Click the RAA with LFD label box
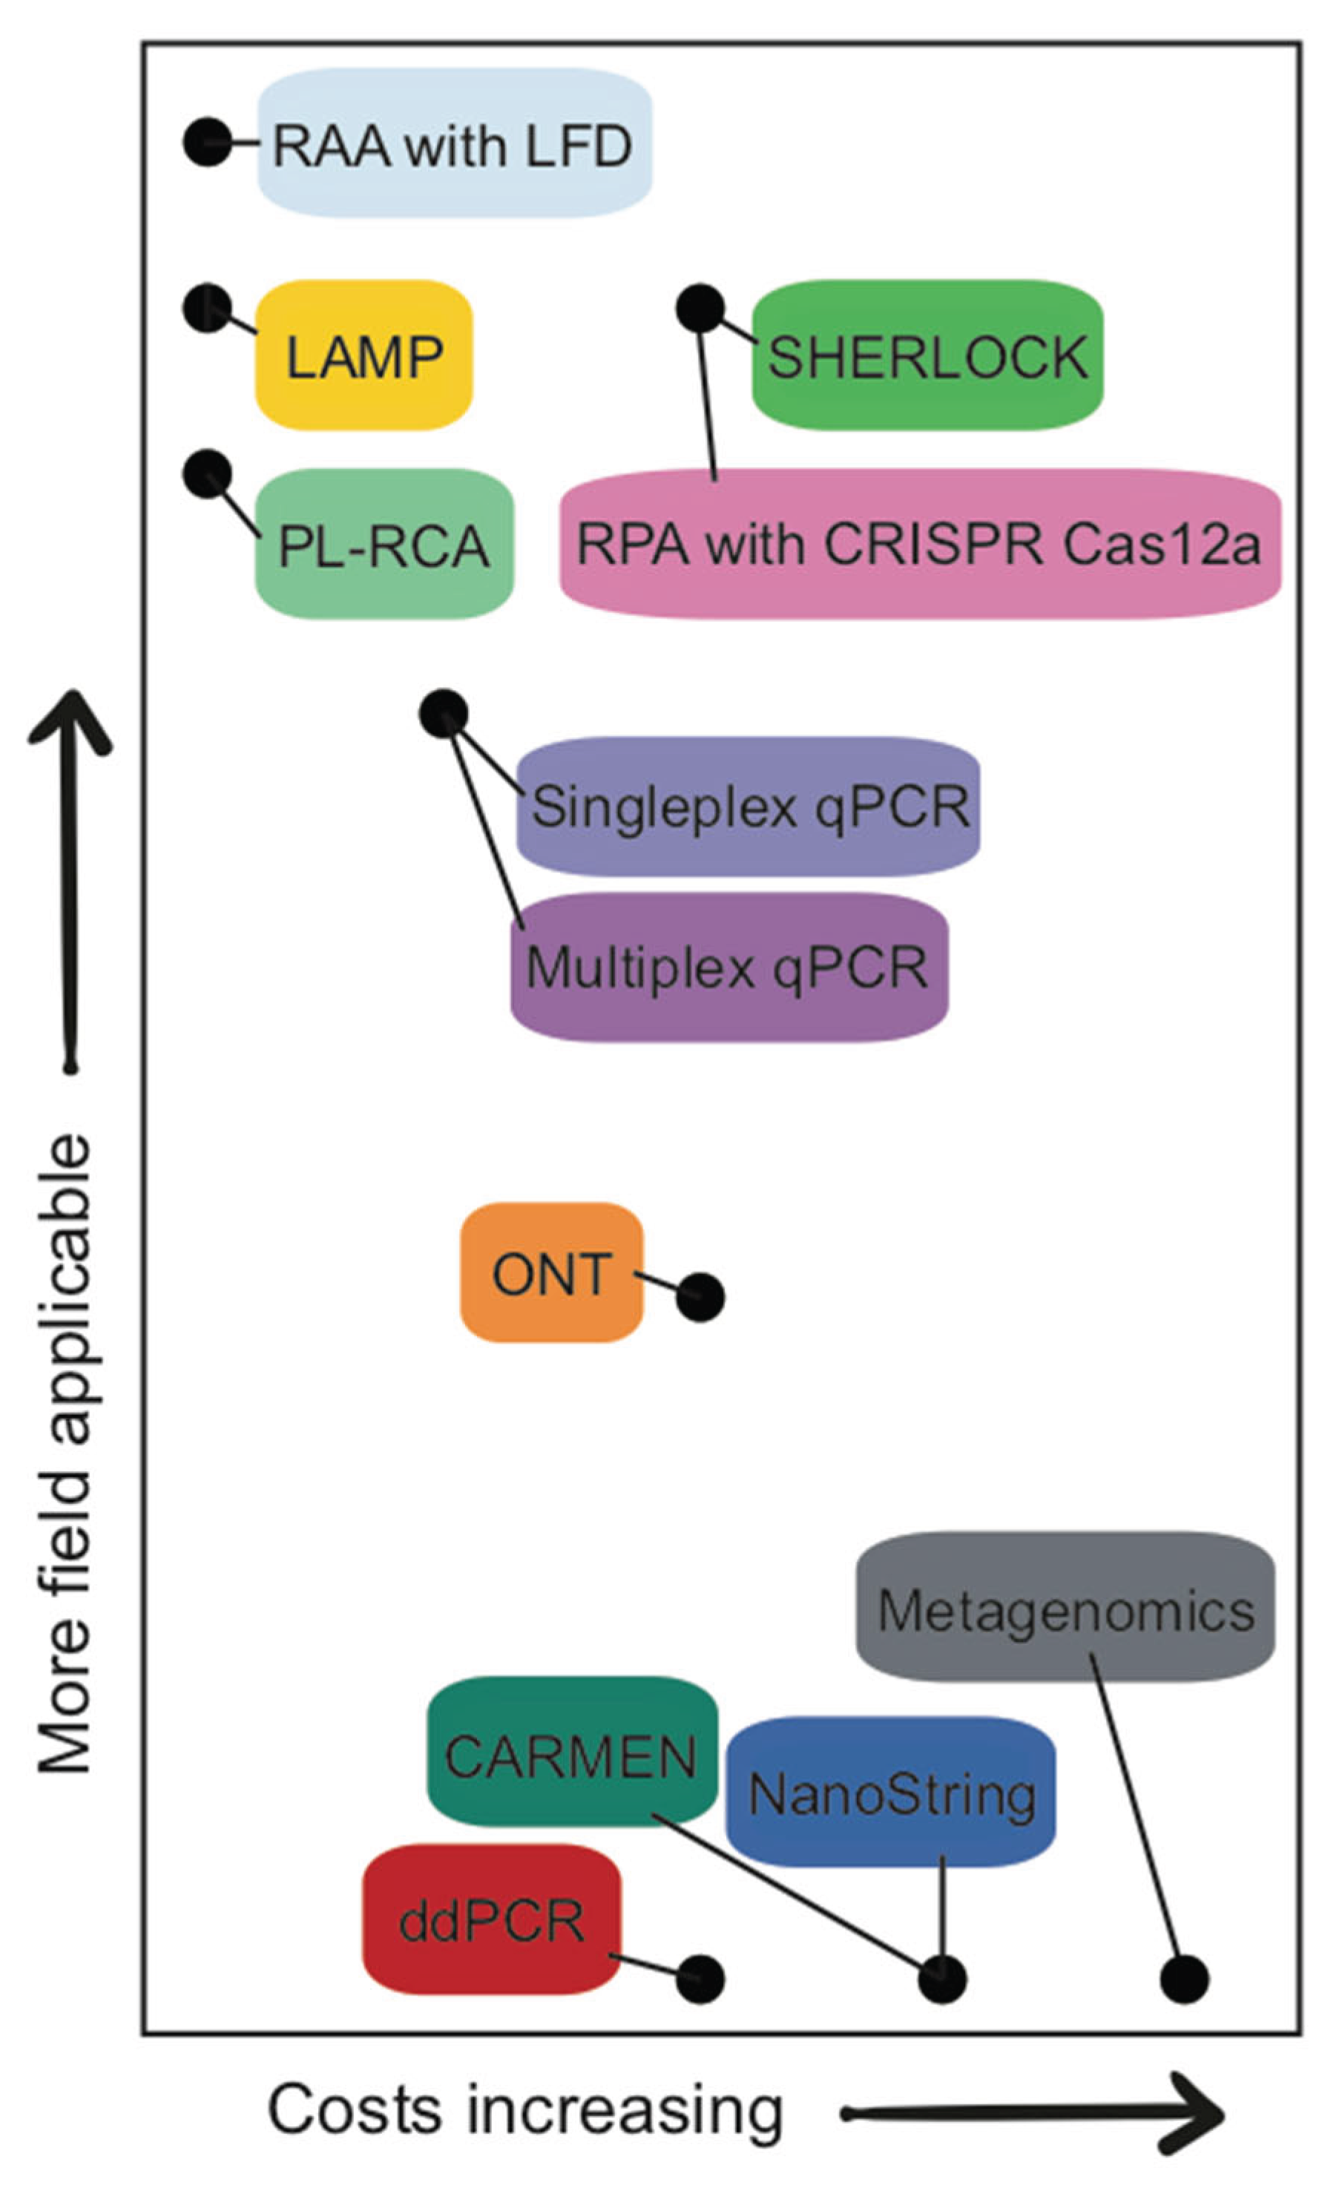pos(454,142)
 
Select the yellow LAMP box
pos(363,355)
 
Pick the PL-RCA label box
pos(384,543)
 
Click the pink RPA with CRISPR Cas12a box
pos(920,543)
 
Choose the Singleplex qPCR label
pos(748,806)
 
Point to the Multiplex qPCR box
pos(728,966)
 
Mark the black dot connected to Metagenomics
pos(1184,1979)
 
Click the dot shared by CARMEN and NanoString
pos(942,1979)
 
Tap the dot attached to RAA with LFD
pos(208,142)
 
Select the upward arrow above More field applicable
pos(70,881)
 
